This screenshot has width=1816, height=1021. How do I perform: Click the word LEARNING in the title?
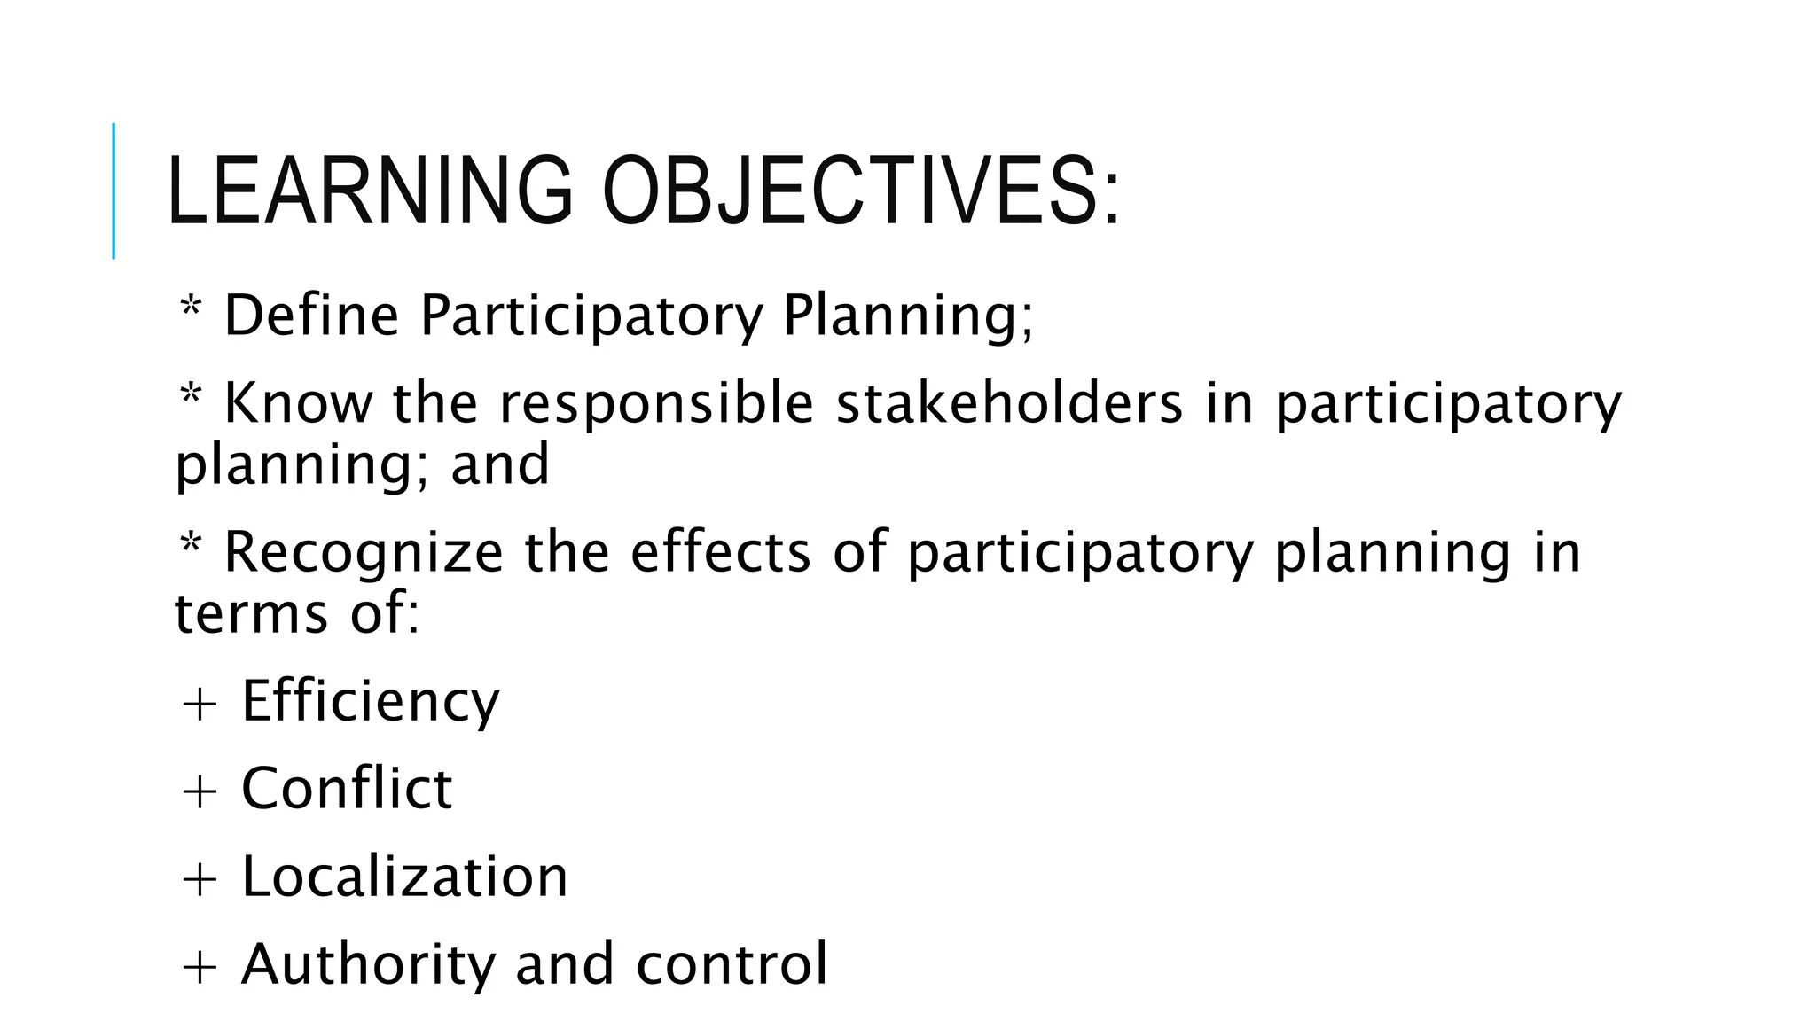pos(369,191)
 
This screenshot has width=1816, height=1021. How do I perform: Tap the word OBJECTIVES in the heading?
pos(860,191)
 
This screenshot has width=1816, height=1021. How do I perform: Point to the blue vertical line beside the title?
pos(113,191)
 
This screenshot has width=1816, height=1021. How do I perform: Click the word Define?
pos(311,316)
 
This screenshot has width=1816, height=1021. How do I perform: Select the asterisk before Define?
pos(190,310)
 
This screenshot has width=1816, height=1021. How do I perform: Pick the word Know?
pos(299,404)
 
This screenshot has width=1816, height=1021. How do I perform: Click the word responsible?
pos(656,404)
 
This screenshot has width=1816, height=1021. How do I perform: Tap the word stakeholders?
pos(1009,404)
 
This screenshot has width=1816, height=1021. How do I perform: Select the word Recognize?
pos(364,553)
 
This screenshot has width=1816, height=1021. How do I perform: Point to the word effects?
pos(720,553)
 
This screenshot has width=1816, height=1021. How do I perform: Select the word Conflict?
pos(347,788)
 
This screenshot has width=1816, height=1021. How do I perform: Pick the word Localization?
pos(404,877)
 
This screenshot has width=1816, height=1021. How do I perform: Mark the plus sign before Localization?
pos(199,879)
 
